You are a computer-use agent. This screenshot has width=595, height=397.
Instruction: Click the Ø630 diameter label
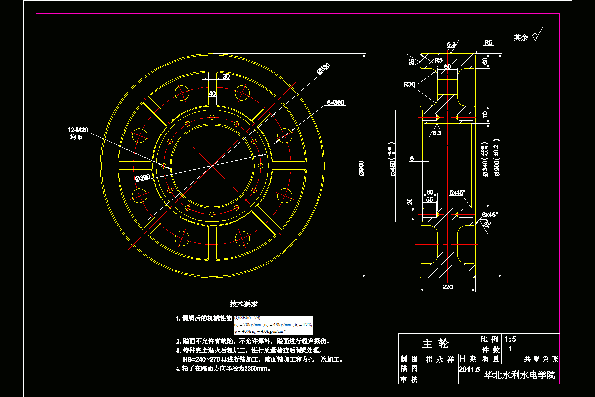tap(323, 69)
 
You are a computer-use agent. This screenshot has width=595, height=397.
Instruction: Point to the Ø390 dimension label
tap(142, 177)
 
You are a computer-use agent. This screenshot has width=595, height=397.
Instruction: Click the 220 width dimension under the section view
tap(448, 286)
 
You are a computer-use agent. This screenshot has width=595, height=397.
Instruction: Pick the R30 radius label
tap(409, 85)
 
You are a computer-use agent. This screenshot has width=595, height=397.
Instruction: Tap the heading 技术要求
tap(243, 303)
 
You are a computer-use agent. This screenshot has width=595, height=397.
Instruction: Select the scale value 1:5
tap(510, 339)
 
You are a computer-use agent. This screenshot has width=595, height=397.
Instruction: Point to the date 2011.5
tap(470, 369)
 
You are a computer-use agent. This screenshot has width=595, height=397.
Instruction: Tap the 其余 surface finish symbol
tap(527, 37)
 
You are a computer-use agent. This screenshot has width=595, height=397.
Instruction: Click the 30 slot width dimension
tap(226, 76)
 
